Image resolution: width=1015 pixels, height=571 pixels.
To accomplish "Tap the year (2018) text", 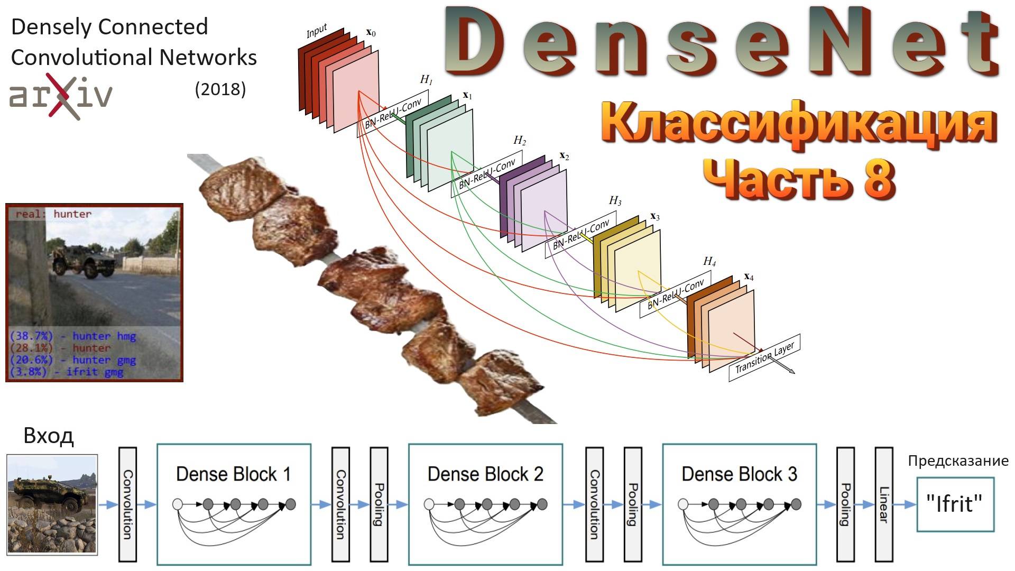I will point(220,89).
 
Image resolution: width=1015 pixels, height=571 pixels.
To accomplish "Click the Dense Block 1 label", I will point(233,474).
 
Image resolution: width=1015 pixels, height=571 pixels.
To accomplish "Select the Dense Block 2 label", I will point(485,474).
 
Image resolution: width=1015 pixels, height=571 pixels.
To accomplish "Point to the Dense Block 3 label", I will point(739,474).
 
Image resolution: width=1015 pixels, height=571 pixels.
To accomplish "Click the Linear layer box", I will point(884,504).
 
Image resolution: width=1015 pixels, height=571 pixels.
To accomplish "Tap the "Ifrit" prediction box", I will point(955,504).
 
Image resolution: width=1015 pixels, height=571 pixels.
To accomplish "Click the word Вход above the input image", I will point(49,436).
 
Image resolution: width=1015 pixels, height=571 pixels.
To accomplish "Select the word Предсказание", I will point(958,461).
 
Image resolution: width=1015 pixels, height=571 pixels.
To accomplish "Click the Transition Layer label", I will point(764,357).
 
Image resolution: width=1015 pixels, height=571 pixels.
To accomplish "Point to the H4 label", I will point(709,262).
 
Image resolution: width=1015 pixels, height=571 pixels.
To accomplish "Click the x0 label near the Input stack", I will point(371,33).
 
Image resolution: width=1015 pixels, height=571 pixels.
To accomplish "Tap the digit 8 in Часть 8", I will point(879,178).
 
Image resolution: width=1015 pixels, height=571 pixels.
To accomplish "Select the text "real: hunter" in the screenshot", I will point(53,214).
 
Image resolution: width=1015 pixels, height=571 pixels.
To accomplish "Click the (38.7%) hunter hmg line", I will point(73,336).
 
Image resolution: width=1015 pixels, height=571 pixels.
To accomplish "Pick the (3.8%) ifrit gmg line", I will point(67,372).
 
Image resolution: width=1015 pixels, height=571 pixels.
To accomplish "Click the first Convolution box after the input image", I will point(128,504).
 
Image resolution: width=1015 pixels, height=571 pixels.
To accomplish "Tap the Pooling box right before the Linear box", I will point(845,504).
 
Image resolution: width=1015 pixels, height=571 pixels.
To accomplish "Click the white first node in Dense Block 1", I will point(178,504).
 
